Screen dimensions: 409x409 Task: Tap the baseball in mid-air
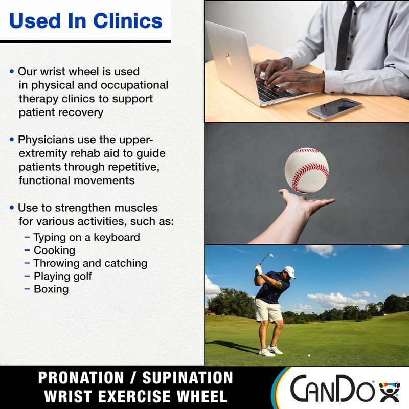[306, 170]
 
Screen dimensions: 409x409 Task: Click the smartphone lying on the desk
[334, 108]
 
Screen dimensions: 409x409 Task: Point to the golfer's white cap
[289, 270]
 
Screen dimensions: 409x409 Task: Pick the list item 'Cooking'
[54, 250]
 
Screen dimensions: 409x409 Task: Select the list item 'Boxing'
[51, 289]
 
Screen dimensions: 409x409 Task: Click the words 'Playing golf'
[62, 276]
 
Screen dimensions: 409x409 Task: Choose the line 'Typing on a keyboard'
[86, 237]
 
